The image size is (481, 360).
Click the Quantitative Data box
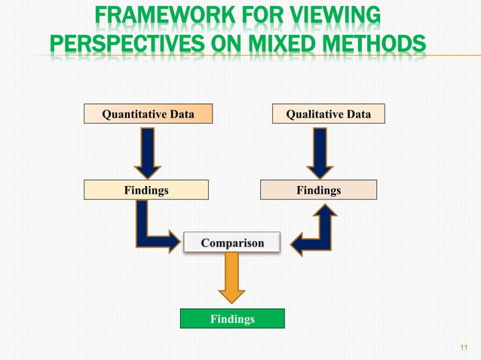pyautogui.click(x=148, y=114)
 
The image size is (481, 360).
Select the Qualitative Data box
pyautogui.click(x=328, y=114)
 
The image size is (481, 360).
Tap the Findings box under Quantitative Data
pyautogui.click(x=146, y=191)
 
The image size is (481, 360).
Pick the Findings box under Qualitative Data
pyautogui.click(x=318, y=191)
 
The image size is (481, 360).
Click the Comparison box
pyautogui.click(x=232, y=243)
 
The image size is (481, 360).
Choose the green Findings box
pyautogui.click(x=232, y=319)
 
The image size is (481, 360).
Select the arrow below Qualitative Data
pyautogui.click(x=319, y=151)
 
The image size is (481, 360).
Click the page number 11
pyautogui.click(x=464, y=347)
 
